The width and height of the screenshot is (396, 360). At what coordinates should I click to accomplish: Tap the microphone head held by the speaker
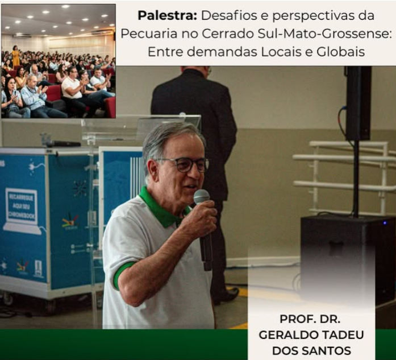pos(202,197)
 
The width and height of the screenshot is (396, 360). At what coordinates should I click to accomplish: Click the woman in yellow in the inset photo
pos(16,56)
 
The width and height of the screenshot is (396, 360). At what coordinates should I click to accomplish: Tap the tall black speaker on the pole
pos(358,102)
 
